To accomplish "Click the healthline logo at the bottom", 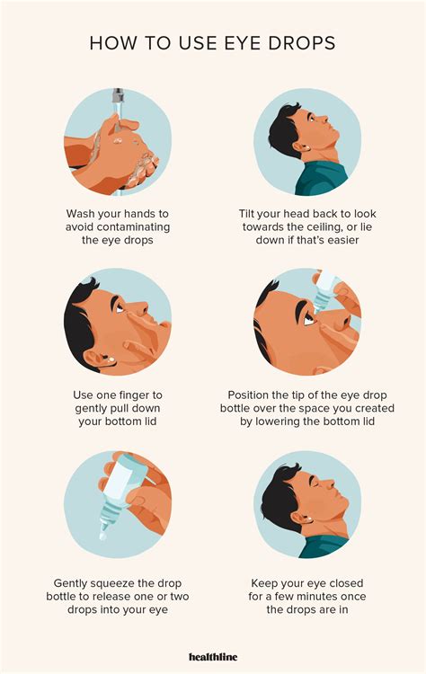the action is click(213, 657).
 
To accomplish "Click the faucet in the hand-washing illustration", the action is click(118, 95).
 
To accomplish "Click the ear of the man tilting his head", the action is click(302, 148).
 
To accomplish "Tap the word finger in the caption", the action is click(132, 395).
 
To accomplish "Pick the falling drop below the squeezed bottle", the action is click(102, 536).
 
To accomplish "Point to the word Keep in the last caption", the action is click(265, 583).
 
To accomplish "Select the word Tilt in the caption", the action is click(247, 214).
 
